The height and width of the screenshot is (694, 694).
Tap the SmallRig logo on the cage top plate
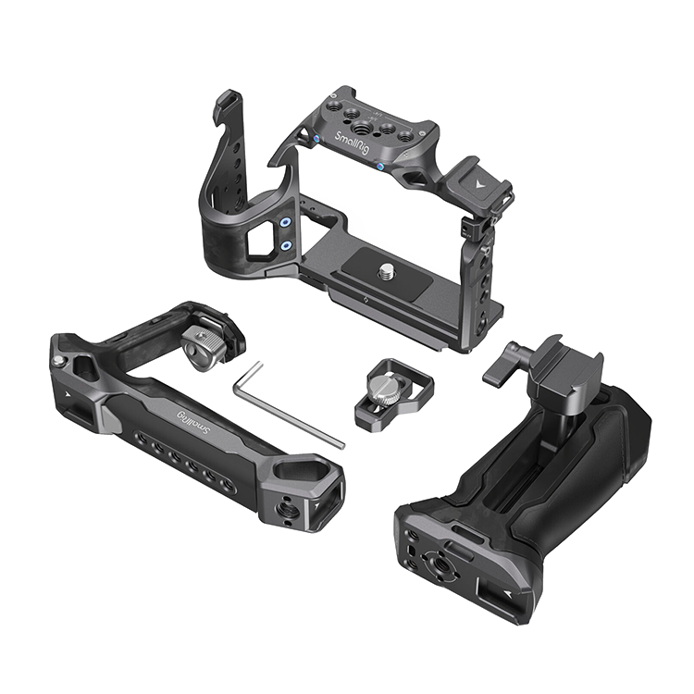coord(352,143)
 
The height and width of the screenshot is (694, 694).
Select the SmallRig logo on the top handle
coord(194,423)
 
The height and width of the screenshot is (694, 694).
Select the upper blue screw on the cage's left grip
coord(286,222)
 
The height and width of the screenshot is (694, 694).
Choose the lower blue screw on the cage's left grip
coord(286,244)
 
